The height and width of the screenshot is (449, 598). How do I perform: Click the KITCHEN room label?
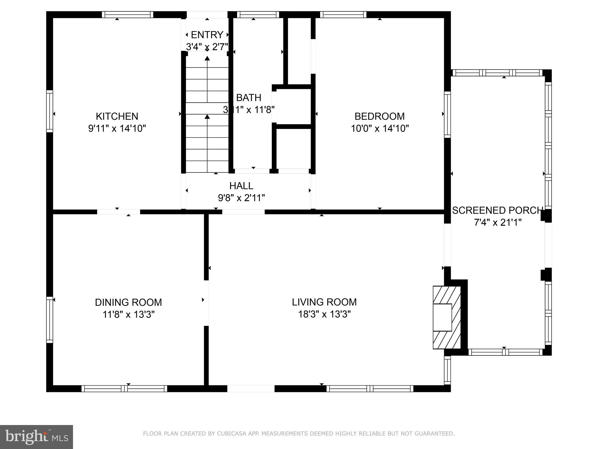click(x=117, y=116)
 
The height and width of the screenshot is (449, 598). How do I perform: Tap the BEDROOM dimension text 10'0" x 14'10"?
click(x=380, y=129)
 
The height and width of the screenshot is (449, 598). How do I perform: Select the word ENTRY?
click(x=207, y=35)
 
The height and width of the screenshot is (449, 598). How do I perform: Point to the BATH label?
click(x=248, y=98)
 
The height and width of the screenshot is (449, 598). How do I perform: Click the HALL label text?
click(x=241, y=186)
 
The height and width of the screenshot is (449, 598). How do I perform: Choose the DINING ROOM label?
click(x=128, y=302)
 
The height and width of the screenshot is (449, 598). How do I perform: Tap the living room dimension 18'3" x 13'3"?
click(x=324, y=315)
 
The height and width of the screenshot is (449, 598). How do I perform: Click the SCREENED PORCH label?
click(x=497, y=210)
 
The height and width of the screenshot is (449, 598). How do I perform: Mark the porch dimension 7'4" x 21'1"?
click(x=498, y=223)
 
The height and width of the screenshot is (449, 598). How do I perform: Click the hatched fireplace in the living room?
click(x=447, y=317)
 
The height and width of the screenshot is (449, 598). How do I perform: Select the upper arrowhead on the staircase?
click(x=207, y=58)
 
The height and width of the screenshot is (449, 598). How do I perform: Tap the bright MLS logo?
click(x=36, y=437)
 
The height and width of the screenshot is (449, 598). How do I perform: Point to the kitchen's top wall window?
click(x=128, y=15)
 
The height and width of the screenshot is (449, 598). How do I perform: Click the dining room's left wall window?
click(x=50, y=320)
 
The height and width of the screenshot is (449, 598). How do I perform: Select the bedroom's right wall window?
click(x=447, y=115)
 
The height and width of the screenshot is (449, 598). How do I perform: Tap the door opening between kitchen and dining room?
click(x=119, y=212)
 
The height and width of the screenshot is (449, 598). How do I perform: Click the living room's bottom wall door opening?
click(x=251, y=388)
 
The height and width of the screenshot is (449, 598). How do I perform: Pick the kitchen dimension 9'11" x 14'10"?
click(x=117, y=129)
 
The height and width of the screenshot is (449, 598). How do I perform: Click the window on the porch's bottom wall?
click(x=505, y=352)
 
